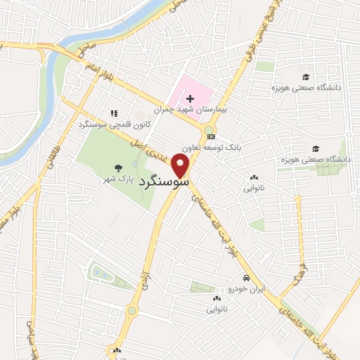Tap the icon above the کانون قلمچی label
113,112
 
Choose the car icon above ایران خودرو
245,278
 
